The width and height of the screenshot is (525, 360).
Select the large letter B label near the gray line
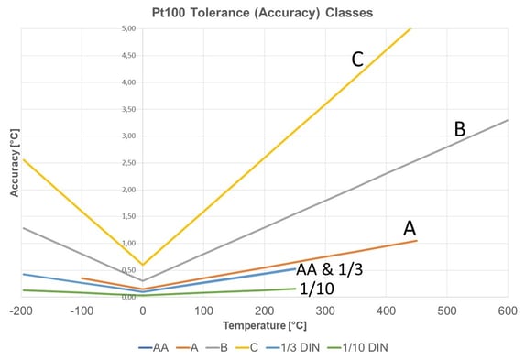[460, 130]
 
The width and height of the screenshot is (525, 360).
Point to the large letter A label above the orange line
[409, 227]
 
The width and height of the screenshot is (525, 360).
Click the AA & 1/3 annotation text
[336, 270]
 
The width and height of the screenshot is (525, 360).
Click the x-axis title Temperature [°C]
[260, 325]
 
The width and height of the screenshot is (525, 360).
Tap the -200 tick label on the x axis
[22, 311]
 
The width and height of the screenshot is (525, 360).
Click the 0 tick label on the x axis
[143, 311]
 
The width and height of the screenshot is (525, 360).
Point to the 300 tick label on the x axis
[325, 311]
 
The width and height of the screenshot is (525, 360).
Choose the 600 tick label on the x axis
[507, 311]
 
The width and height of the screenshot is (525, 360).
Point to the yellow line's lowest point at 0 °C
[143, 264]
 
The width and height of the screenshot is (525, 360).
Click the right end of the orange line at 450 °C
[416, 240]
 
